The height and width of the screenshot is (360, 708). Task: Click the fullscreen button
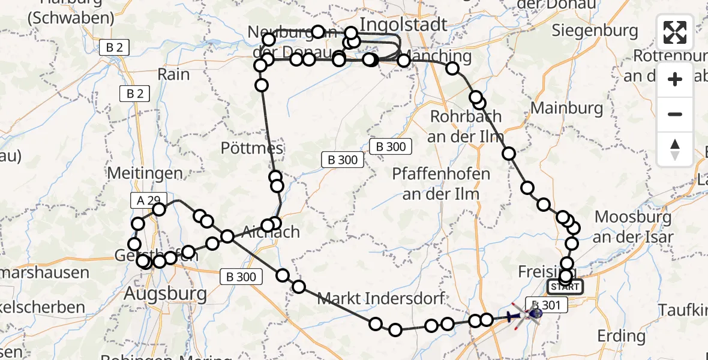pos(675,32)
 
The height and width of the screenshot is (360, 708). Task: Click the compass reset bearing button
pos(675,149)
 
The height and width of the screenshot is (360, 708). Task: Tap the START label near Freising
pos(565,287)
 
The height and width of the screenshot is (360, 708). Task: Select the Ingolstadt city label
pos(403,25)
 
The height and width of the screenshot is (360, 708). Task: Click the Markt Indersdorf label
pos(380,298)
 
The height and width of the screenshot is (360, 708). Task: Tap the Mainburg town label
pos(567,109)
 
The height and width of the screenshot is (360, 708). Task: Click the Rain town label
pos(173,74)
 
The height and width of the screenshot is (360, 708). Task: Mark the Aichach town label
pos(271,232)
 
